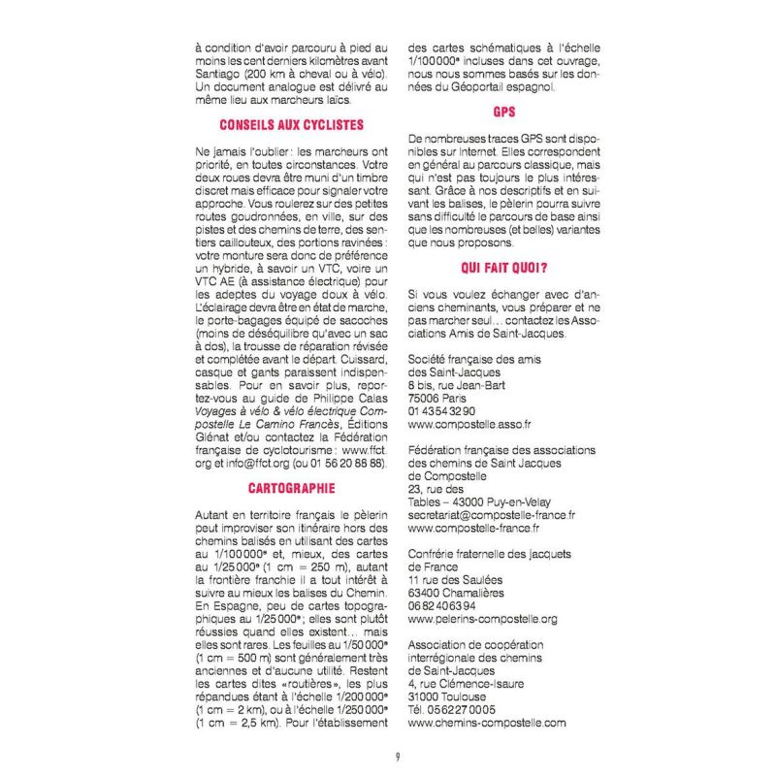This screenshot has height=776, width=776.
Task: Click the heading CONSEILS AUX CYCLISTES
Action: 292,124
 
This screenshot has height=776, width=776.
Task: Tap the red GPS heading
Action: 503,112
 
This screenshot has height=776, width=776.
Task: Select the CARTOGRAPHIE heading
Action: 292,488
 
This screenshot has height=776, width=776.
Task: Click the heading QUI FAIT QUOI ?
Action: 503,268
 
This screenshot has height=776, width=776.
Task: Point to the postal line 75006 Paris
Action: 438,398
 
